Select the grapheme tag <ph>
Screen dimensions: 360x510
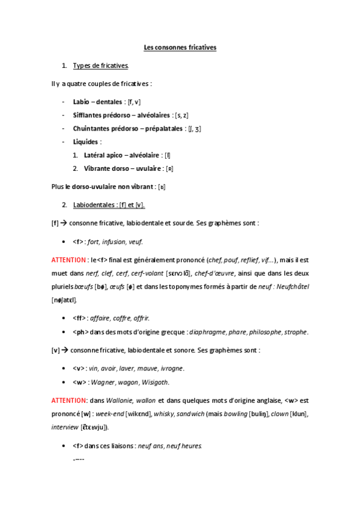click(79, 331)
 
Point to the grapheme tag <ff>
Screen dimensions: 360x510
click(78, 317)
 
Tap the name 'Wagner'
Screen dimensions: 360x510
click(101, 382)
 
